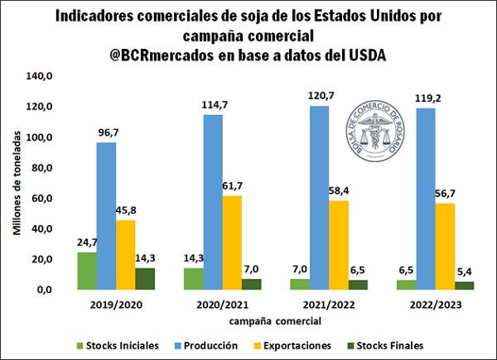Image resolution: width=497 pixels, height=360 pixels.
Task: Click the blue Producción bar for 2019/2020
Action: pyautogui.click(x=106, y=216)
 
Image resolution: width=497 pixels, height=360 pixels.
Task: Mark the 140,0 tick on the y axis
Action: pyautogui.click(x=40, y=76)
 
